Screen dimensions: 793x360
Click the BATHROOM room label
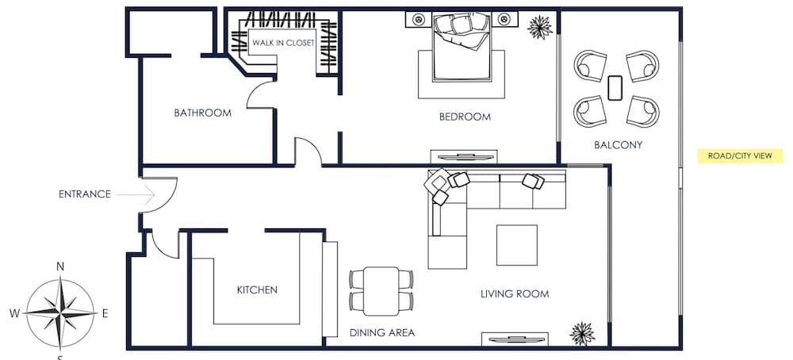pos(202,113)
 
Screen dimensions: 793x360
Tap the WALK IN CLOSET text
pos(283,43)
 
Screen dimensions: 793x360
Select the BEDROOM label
pos(465,117)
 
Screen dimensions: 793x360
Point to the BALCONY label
pos(618,145)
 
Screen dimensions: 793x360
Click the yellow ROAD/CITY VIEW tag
pos(740,156)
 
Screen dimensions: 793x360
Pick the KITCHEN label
pos(257,289)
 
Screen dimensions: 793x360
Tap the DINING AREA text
pos(382,333)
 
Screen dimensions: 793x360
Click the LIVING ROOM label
pos(515,293)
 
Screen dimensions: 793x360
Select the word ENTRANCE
pos(85,194)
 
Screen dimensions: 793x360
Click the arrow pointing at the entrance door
pos(135,194)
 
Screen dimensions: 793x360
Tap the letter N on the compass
pos(60,267)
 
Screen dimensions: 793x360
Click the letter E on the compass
pos(105,313)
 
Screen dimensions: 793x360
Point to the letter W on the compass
pos(14,313)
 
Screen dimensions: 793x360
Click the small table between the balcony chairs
pos(615,88)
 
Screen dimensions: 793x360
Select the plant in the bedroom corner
pos(539,27)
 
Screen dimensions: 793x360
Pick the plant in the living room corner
pos(582,334)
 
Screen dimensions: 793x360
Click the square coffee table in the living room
pos(516,245)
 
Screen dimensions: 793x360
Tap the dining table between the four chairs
pos(381,291)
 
